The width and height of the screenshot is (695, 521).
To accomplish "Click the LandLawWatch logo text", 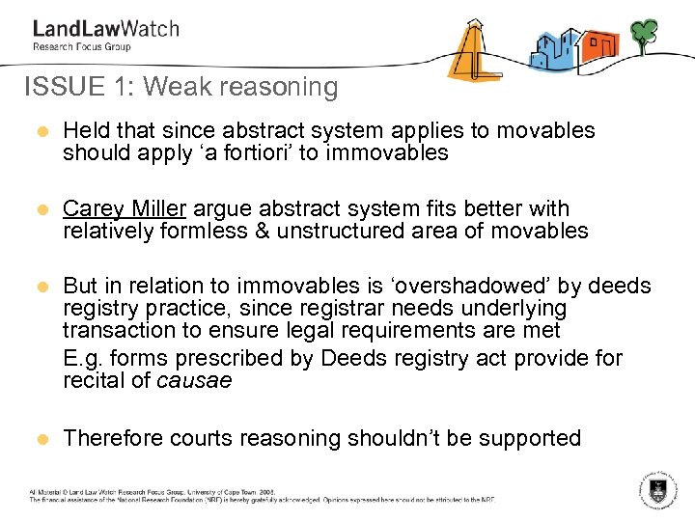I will [105, 28].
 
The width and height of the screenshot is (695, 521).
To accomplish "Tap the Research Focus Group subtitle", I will [81, 46].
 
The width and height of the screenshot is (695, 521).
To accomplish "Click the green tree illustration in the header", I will [644, 36].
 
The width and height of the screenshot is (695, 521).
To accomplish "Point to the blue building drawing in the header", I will [552, 49].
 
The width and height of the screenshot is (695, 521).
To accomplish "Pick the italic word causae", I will [194, 380].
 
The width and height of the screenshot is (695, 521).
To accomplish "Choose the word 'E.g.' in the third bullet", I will [83, 359].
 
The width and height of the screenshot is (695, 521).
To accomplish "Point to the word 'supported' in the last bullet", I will [530, 439].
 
